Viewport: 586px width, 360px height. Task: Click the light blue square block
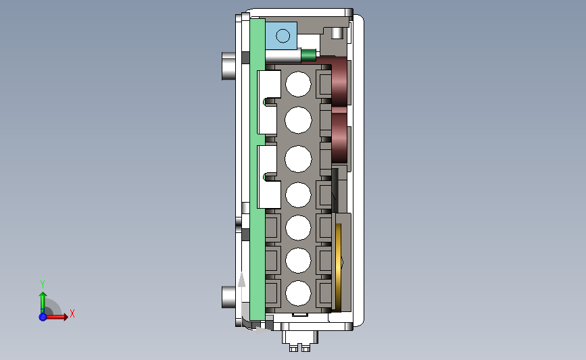pyautogui.click(x=281, y=36)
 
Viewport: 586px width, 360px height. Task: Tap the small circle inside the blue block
pyautogui.click(x=283, y=36)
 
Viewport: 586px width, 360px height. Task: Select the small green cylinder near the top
pyautogui.click(x=308, y=55)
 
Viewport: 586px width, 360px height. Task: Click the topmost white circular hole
pyautogui.click(x=298, y=84)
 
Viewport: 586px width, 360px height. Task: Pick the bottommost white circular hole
pyautogui.click(x=298, y=294)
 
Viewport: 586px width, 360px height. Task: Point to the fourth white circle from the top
pyautogui.click(x=298, y=195)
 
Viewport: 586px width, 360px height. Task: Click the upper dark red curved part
pyautogui.click(x=338, y=80)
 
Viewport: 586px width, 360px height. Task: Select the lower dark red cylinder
pyautogui.click(x=339, y=137)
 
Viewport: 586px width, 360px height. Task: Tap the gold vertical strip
pyautogui.click(x=338, y=267)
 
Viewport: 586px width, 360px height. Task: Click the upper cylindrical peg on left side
pyautogui.click(x=228, y=66)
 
